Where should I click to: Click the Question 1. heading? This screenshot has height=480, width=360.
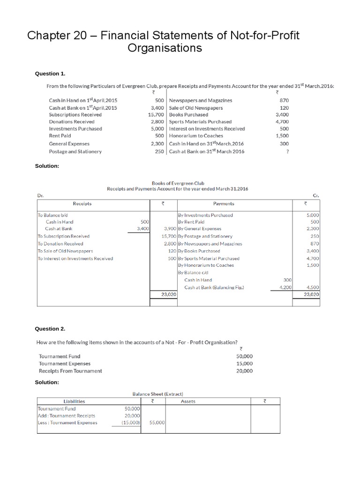51,74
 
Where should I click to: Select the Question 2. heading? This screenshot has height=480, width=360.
51,329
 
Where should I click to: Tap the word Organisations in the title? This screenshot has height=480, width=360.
165,48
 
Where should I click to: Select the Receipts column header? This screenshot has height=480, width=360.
82,204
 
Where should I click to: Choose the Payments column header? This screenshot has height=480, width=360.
224,204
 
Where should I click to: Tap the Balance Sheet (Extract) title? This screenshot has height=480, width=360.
158,394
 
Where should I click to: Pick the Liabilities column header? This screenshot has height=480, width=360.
74,401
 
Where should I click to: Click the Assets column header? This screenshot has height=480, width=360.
188,401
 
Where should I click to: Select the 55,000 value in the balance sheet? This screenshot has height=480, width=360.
157,423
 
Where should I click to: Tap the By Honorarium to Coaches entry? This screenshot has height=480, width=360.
205,265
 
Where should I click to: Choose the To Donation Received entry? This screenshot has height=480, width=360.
60,244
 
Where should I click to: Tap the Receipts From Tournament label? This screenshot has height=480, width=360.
70,371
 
